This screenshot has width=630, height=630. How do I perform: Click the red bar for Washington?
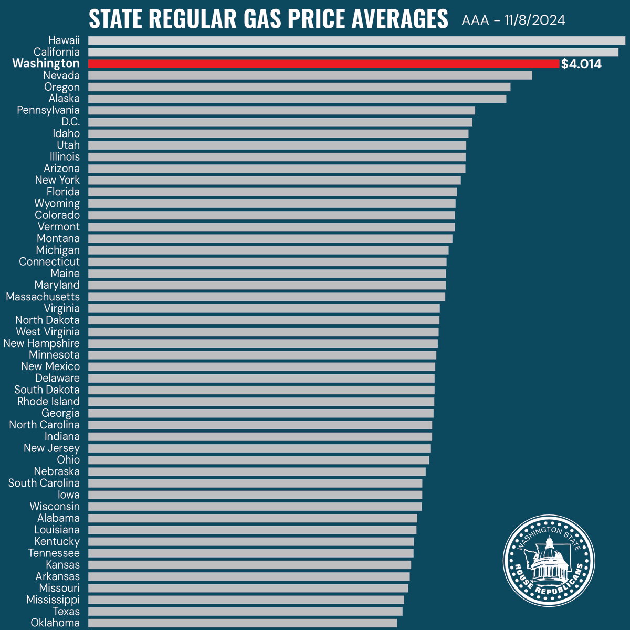click(x=323, y=64)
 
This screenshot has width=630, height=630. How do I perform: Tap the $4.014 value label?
click(x=581, y=64)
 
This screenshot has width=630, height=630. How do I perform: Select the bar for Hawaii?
click(x=356, y=40)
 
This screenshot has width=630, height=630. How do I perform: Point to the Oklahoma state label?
click(x=55, y=623)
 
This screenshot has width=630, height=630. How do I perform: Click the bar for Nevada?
click(x=310, y=76)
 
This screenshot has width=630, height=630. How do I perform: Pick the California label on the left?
click(x=57, y=52)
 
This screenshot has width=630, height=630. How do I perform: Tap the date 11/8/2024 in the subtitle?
click(x=535, y=20)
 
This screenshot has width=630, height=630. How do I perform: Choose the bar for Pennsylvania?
click(x=281, y=110)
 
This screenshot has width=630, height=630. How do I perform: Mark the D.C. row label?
click(x=70, y=122)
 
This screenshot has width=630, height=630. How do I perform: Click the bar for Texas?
click(x=245, y=612)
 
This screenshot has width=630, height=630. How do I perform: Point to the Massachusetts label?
click(x=43, y=297)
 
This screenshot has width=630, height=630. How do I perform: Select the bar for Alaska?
click(x=297, y=99)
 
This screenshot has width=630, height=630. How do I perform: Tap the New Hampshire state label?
click(x=41, y=343)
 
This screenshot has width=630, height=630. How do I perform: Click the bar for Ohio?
click(x=258, y=460)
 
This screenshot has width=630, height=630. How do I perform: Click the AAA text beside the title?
click(x=475, y=20)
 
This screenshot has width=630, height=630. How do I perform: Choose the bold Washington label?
click(x=46, y=64)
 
